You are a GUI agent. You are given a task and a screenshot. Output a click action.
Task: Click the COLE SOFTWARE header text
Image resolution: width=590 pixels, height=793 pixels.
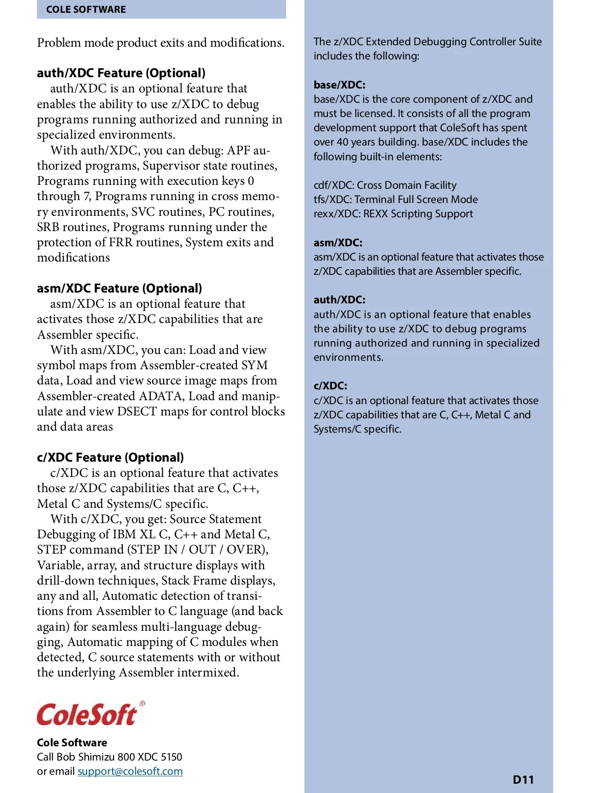point(86,9)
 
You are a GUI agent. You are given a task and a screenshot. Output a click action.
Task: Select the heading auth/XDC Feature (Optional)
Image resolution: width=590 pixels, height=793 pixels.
point(121,73)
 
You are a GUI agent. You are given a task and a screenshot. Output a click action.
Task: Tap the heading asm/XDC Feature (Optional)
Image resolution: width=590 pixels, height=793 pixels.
point(119,289)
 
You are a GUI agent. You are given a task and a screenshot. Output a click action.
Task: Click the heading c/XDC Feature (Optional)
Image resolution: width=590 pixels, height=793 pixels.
point(110,458)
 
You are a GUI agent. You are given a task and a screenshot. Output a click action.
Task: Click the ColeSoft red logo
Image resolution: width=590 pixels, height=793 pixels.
point(87,715)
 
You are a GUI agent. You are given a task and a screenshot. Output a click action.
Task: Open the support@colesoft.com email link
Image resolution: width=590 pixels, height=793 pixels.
point(130,771)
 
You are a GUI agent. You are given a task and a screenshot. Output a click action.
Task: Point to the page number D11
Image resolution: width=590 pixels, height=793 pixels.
point(523,780)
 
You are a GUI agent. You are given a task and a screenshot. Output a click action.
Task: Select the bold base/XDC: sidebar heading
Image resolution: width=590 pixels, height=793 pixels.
point(339,85)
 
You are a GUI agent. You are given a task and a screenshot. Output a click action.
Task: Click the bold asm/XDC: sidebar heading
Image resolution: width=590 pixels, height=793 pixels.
point(338,243)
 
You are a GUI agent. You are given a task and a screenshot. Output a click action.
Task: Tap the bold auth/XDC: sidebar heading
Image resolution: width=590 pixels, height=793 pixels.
point(339,300)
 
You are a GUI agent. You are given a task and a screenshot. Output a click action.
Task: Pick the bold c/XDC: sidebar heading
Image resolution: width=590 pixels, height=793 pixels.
point(330,386)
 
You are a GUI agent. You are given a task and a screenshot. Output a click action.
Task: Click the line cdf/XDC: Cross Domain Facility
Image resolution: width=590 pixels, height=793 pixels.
point(385,185)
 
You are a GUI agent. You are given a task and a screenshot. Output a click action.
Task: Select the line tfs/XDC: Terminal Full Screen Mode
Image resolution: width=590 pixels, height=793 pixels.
point(396,200)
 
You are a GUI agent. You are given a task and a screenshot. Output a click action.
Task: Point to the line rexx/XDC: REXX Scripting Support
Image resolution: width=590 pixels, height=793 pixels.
point(393,214)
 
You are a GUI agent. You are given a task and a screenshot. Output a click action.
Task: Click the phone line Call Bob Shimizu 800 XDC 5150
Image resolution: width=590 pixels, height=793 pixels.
point(109,757)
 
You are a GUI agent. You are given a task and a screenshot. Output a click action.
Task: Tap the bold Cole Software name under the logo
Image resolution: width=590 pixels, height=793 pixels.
point(72,743)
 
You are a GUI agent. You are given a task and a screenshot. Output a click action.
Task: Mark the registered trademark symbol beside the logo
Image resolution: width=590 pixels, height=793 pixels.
point(142,704)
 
